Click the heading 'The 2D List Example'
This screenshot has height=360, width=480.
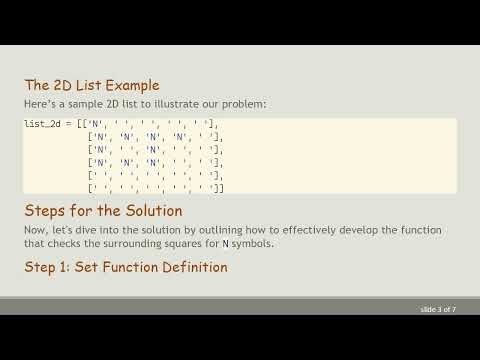[91, 85]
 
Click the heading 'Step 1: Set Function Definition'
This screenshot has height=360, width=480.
[125, 267]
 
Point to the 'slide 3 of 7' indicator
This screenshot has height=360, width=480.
[438, 310]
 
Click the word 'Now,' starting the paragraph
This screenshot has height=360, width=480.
[36, 230]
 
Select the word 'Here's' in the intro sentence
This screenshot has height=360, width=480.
[39, 104]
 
